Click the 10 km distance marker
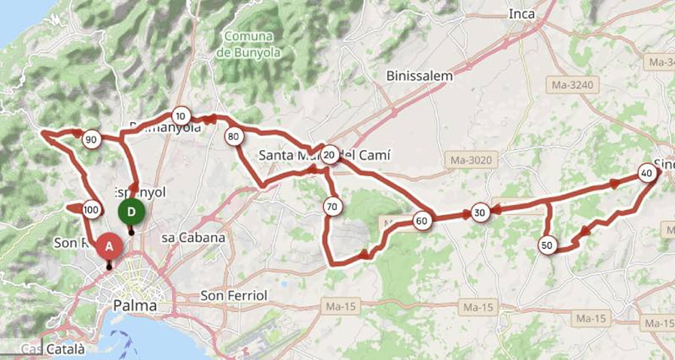180,116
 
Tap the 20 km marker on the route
330,155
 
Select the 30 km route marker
480,213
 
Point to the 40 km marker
646,172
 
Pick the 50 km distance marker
548,245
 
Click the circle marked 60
422,221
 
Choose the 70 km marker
331,206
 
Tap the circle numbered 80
233,136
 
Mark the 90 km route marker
91,139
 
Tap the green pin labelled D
131,212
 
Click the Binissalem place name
419,75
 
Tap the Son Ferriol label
234,296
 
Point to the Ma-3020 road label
471,160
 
